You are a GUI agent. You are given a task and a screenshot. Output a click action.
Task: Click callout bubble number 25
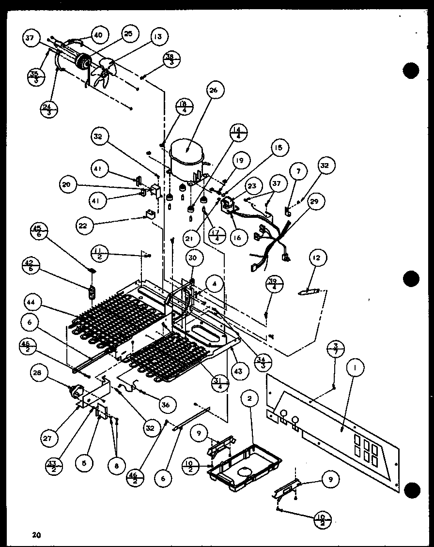point(128,34)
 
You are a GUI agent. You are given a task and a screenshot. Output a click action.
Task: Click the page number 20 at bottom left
point(36,534)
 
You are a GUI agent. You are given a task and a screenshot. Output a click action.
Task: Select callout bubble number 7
point(298,170)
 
